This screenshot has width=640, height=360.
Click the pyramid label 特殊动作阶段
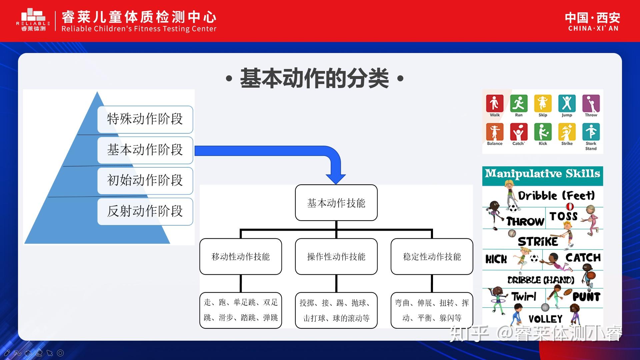pyautogui.click(x=145, y=119)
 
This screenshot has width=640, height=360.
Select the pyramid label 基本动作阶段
pyautogui.click(x=145, y=150)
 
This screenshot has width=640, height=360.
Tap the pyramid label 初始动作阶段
pyautogui.click(x=145, y=181)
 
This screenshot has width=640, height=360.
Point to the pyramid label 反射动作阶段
pyautogui.click(x=145, y=211)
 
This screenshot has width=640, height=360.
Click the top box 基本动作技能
pyautogui.click(x=336, y=203)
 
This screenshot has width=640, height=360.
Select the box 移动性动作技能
pyautogui.click(x=240, y=256)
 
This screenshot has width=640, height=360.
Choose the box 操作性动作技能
pyautogui.click(x=336, y=256)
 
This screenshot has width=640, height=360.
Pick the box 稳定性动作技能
pyautogui.click(x=432, y=256)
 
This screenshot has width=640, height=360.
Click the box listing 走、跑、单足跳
pyautogui.click(x=240, y=310)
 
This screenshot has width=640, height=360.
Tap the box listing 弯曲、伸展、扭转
pyautogui.click(x=432, y=310)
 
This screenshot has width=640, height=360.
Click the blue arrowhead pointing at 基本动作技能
pyautogui.click(x=336, y=178)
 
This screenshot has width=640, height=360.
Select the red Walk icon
pyautogui.click(x=495, y=103)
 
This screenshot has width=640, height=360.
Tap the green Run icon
pyautogui.click(x=519, y=103)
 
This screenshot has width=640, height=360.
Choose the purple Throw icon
pyautogui.click(x=591, y=103)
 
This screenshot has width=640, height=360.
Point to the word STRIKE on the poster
pyautogui.click(x=538, y=242)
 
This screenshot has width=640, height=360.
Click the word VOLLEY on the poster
pyautogui.click(x=545, y=319)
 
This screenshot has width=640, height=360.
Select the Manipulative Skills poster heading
pyautogui.click(x=542, y=174)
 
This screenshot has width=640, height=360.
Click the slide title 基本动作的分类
pyautogui.click(x=314, y=79)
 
